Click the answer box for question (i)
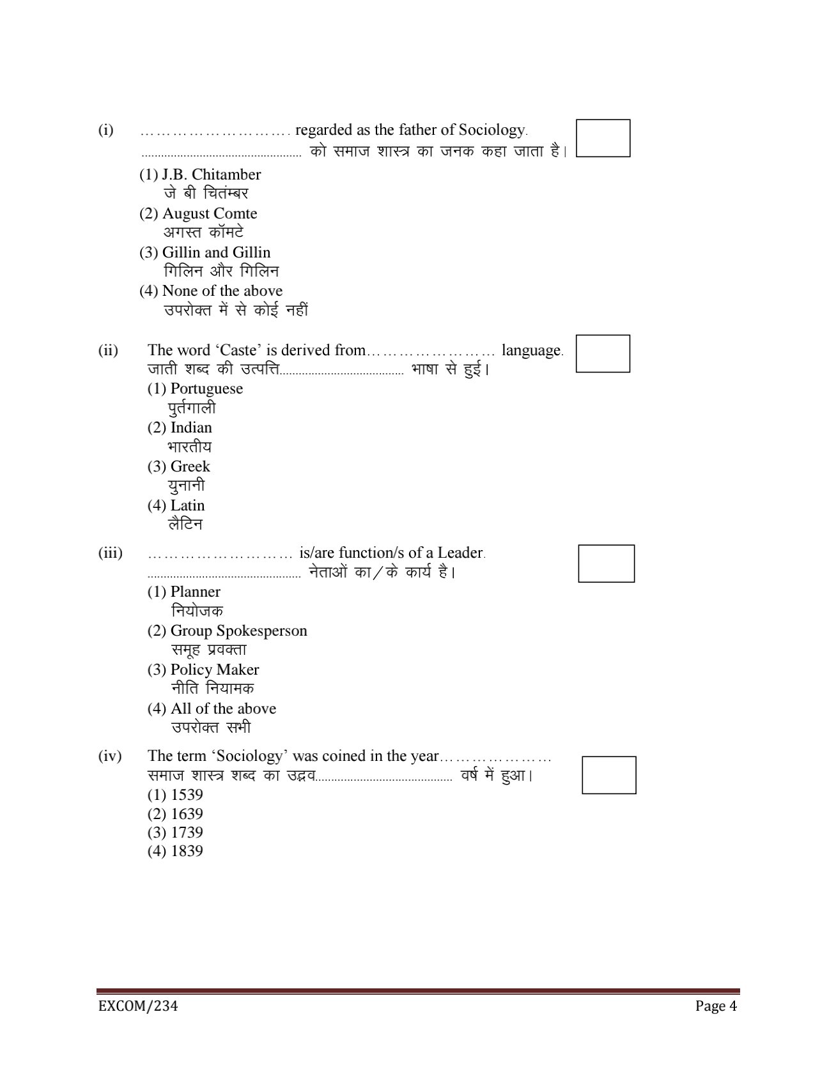603,138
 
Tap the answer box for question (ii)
602,353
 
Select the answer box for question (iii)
606,563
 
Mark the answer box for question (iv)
608,775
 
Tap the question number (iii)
110,553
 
